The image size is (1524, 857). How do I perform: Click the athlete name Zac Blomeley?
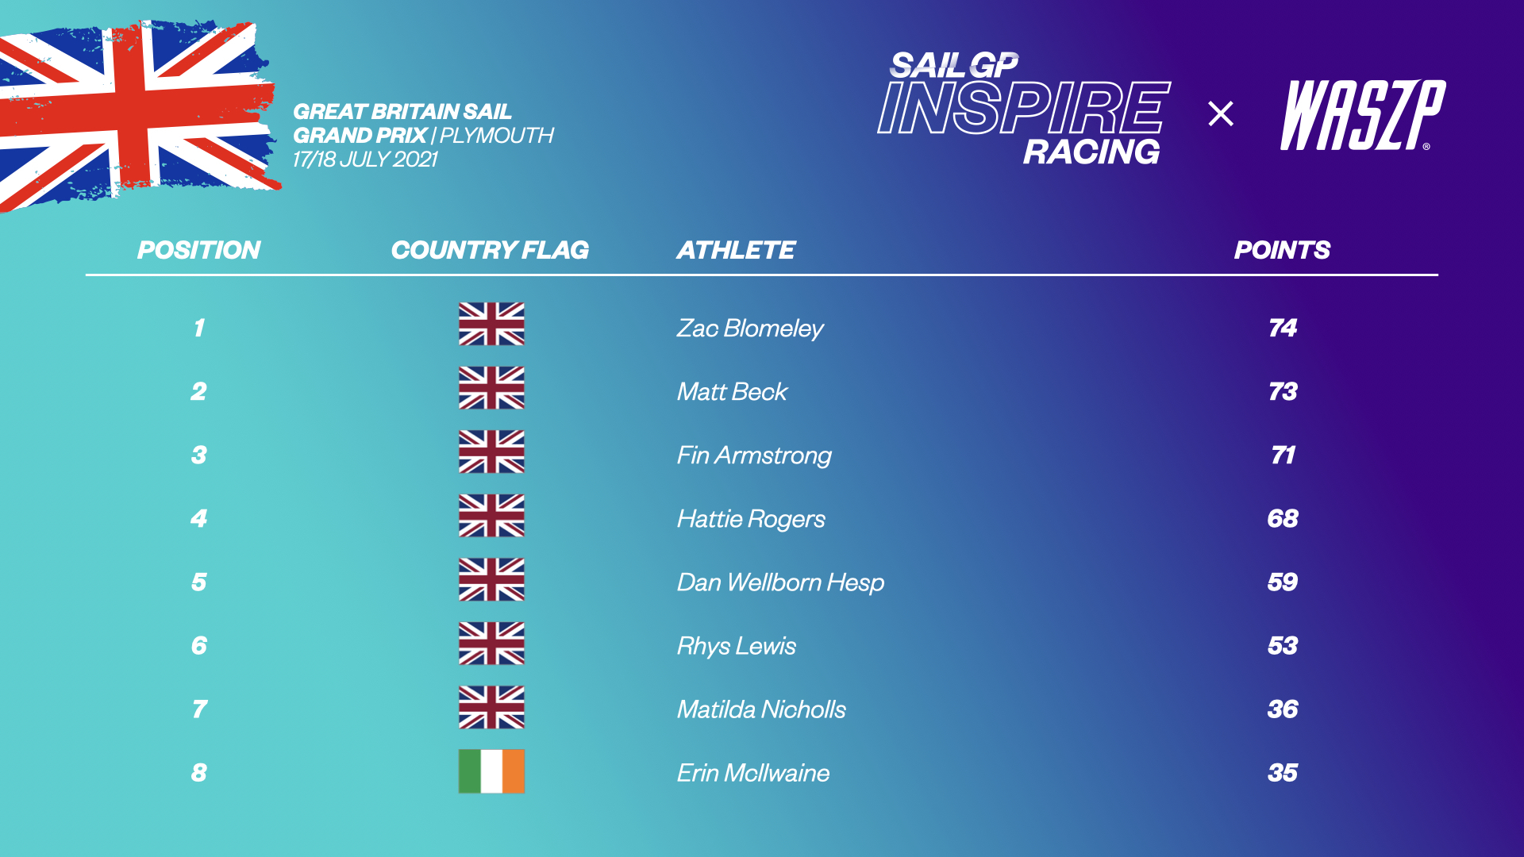(749, 329)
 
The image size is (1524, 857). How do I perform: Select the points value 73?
(1282, 391)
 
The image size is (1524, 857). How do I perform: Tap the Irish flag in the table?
(491, 771)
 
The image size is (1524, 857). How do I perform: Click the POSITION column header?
(198, 250)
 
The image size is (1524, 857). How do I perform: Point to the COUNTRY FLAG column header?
(490, 250)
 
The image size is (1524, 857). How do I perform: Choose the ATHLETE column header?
(735, 250)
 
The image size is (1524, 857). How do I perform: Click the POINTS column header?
(1282, 250)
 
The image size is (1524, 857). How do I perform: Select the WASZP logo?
(1362, 115)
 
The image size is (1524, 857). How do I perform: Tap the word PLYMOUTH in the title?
(497, 136)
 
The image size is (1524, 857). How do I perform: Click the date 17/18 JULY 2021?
(365, 159)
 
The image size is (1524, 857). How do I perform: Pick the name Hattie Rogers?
(751, 519)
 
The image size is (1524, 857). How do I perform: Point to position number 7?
(199, 709)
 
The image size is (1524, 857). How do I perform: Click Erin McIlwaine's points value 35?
(1282, 772)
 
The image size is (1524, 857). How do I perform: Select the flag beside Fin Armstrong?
(491, 452)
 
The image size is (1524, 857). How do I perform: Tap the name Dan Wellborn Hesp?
(780, 582)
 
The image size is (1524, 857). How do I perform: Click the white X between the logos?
(1221, 113)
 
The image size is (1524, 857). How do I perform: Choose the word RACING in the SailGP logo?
(1091, 152)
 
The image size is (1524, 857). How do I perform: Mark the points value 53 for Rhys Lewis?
(1282, 645)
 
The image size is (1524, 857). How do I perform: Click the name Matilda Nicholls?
(761, 709)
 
